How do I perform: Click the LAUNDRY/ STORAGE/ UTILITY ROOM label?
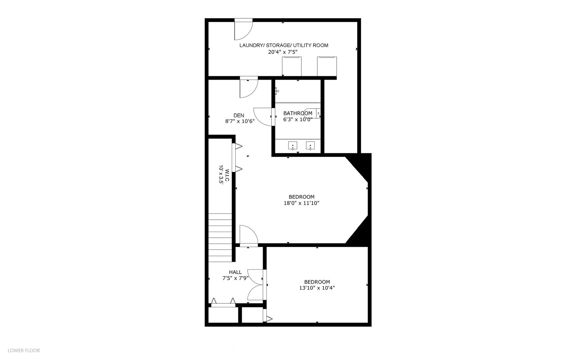click(x=284, y=45)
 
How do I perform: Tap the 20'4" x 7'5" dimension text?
click(x=283, y=52)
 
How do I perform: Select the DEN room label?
click(x=239, y=115)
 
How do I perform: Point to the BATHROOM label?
click(x=298, y=113)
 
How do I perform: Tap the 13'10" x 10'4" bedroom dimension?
click(x=317, y=288)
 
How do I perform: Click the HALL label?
click(x=235, y=272)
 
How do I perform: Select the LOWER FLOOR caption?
click(x=24, y=350)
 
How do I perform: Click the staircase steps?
click(x=220, y=239)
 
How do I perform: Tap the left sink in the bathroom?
click(x=293, y=146)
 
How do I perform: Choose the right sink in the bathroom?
click(x=310, y=146)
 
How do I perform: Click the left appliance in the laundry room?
click(x=292, y=66)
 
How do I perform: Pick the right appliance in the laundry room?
click(x=327, y=66)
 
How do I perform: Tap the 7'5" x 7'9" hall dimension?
click(x=235, y=278)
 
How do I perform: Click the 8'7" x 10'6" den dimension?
click(x=240, y=121)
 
